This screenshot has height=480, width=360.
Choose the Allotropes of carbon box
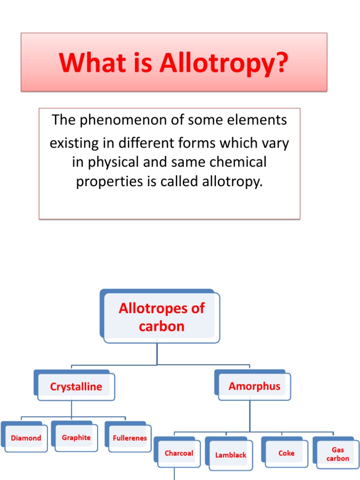coord(161,317)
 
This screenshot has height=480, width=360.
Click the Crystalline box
coord(76,387)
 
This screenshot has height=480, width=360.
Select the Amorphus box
coord(255,386)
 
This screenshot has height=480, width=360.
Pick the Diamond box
coord(26,438)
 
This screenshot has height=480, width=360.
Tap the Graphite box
coord(76,437)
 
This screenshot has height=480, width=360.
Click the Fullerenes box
coord(130,438)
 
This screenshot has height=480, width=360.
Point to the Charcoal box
coord(179,453)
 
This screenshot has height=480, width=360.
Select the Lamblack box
coord(231,455)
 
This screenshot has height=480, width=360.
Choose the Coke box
coord(286,453)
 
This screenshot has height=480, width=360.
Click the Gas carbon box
coord(338,454)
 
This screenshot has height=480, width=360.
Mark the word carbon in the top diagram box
coord(161,326)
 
